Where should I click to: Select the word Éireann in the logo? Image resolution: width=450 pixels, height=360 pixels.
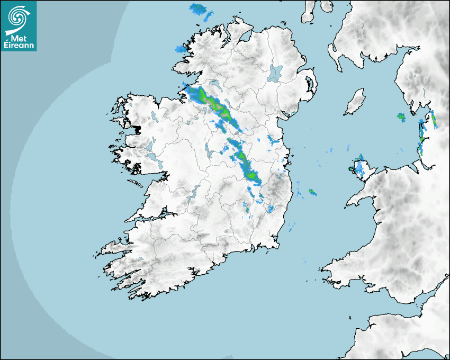(x=19, y=46)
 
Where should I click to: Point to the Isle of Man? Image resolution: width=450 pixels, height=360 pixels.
(x=355, y=102)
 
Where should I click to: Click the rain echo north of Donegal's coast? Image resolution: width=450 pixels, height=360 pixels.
(x=200, y=10)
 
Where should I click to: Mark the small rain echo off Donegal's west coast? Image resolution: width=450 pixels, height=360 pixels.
(x=182, y=50)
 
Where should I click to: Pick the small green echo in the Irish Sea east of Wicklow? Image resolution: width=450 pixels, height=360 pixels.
(x=312, y=192)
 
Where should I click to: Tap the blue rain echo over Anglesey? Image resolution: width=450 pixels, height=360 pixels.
(x=359, y=167)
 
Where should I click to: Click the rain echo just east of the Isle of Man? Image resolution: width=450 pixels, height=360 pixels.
(x=401, y=117)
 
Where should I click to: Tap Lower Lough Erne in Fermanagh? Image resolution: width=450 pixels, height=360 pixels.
(x=214, y=84)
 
